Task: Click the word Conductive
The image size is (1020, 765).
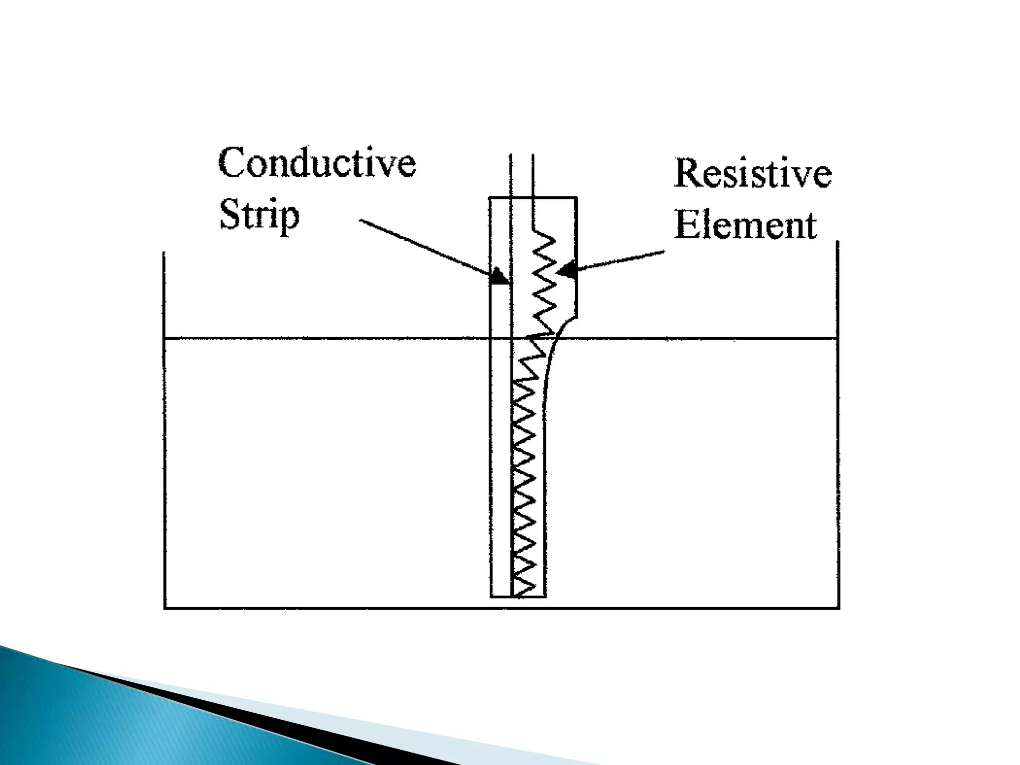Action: pos(317,162)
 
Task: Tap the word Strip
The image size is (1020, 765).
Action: pos(259,215)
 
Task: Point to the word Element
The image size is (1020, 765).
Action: pos(746,226)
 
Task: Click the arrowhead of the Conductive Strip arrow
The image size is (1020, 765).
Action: pos(499,276)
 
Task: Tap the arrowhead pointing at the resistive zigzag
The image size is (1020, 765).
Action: pos(565,271)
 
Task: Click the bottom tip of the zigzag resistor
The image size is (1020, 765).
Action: pos(518,596)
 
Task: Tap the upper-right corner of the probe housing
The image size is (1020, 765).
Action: pos(577,198)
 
